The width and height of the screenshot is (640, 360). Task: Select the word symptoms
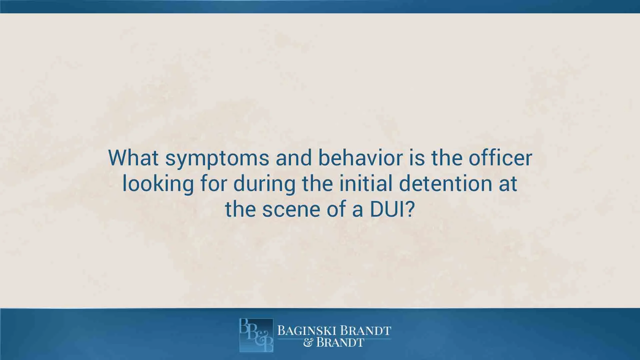[217, 159]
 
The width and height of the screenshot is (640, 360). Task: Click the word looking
[158, 184]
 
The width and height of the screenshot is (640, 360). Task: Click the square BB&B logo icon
[256, 335]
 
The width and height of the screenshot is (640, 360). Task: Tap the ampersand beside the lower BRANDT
[308, 343]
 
